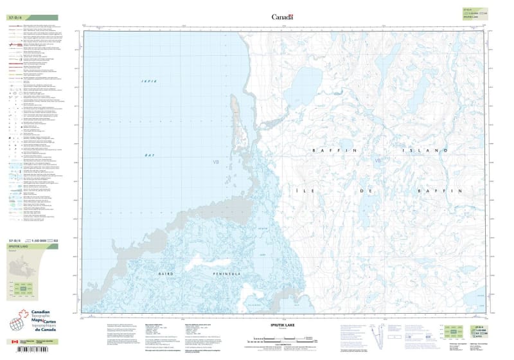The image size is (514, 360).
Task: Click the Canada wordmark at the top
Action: (x=282, y=17)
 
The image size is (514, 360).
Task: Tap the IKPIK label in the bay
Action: (x=149, y=80)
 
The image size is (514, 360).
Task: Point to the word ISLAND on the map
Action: (x=432, y=150)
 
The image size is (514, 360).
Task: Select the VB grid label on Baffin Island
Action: (x=378, y=161)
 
